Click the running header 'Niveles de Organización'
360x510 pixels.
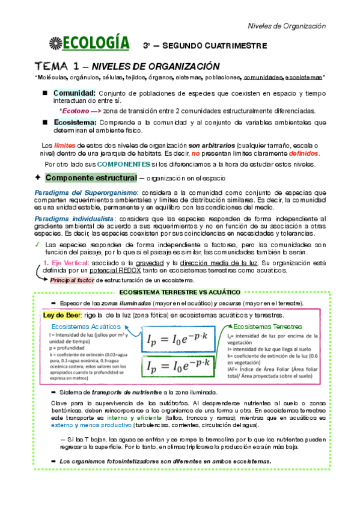287,26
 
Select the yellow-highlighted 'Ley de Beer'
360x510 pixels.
61,315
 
